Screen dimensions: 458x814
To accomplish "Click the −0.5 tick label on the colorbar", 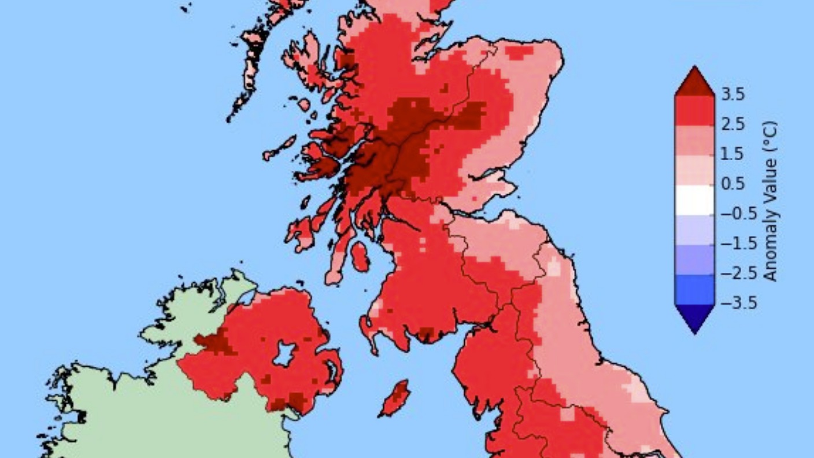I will pos(738,213).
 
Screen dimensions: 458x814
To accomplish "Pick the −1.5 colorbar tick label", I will pos(738,243).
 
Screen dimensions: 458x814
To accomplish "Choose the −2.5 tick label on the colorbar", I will pos(738,273).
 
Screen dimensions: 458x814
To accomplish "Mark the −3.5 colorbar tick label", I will pos(738,303).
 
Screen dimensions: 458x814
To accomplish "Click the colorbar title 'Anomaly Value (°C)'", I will pos(770,201).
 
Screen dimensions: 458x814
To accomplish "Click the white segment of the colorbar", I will pos(694,199).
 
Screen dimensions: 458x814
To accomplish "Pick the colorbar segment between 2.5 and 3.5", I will pos(694,110).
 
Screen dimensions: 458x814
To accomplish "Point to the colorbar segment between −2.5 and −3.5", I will pos(694,288).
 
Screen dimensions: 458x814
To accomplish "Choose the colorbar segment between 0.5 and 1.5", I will pos(694,169).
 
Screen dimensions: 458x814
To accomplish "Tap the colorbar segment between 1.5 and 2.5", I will pos(694,139).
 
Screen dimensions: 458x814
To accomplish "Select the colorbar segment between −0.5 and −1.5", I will pos(694,228).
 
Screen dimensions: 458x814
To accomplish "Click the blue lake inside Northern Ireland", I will pos(284,353).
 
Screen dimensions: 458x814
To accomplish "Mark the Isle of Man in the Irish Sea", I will pos(396,398).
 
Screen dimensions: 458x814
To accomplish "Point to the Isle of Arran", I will pos(359,256).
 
